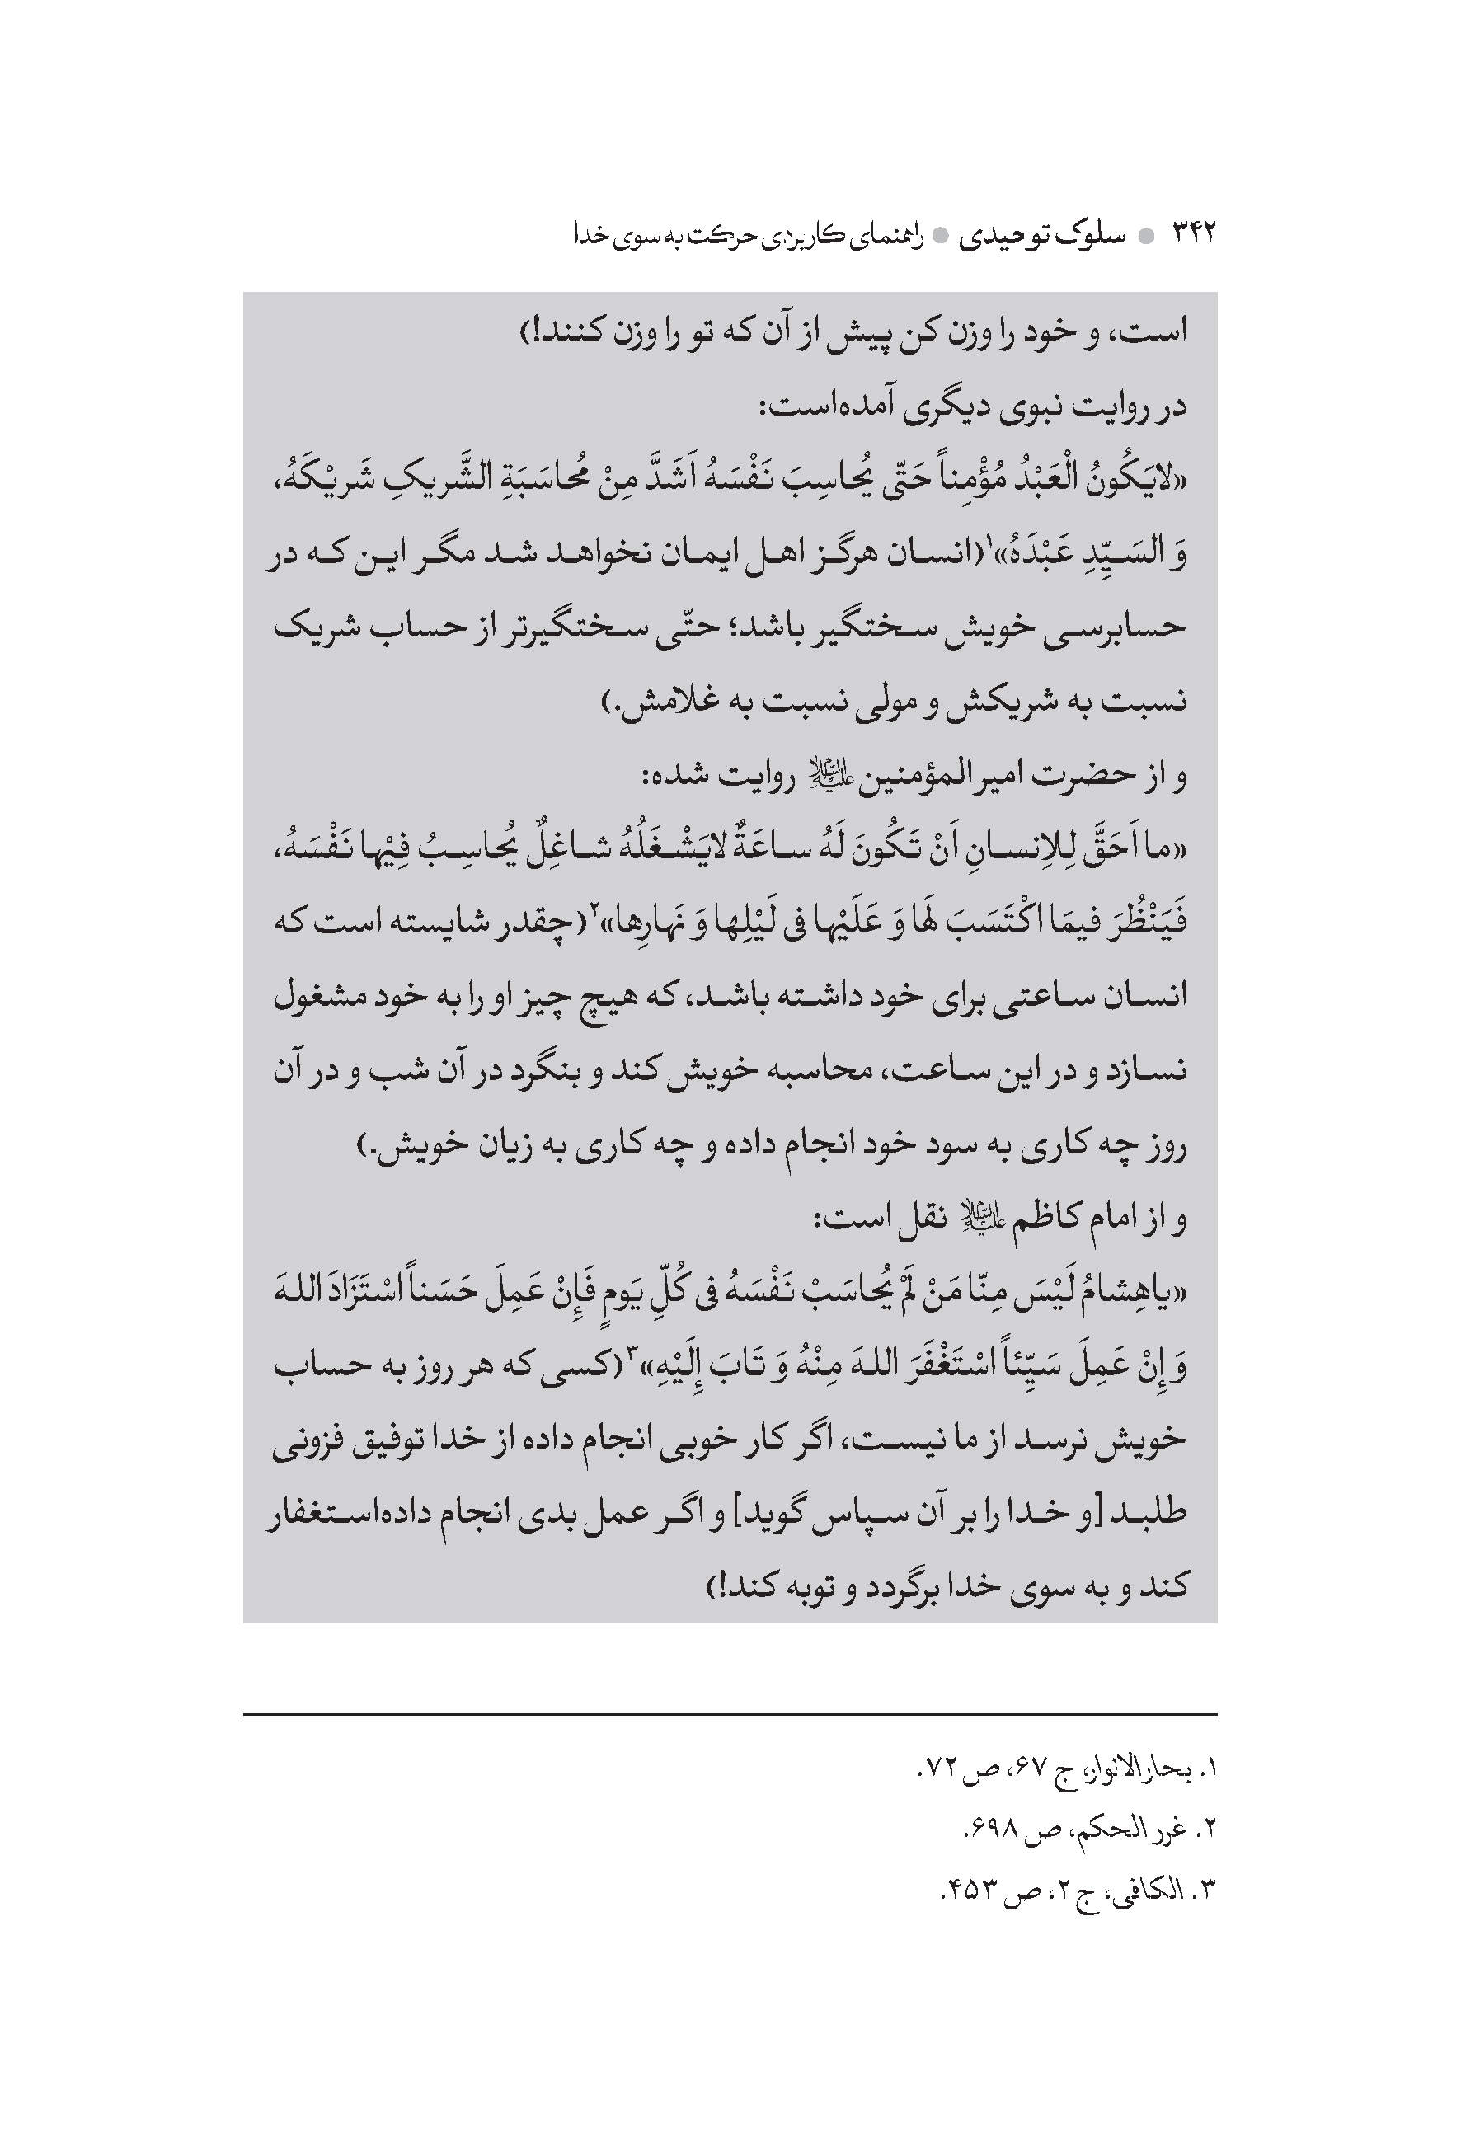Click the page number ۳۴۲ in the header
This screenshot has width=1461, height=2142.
(1194, 233)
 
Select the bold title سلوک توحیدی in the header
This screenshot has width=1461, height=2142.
(1041, 235)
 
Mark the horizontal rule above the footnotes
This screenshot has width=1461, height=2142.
(730, 1715)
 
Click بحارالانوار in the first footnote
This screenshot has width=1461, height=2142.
(1127, 1769)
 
